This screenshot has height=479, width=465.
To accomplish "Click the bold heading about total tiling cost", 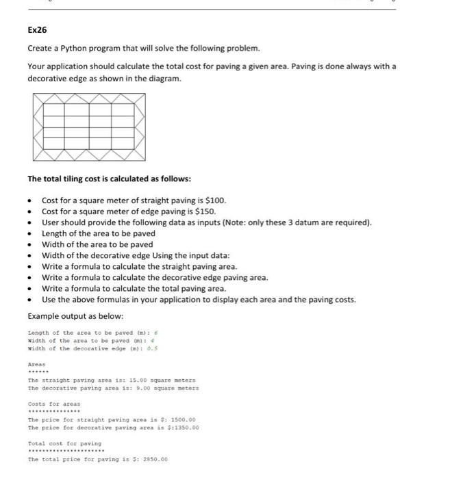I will point(109,179).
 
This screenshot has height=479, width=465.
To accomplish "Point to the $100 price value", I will point(214,200).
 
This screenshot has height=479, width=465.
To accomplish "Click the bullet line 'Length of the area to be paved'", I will point(99,233).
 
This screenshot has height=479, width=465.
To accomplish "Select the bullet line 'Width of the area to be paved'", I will point(97,244).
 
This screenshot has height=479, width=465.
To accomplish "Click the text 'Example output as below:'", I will point(75,316).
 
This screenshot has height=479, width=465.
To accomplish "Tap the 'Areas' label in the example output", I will point(36,365).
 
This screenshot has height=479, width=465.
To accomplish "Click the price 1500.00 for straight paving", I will point(182,419).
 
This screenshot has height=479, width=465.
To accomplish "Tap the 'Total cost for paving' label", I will point(64,443).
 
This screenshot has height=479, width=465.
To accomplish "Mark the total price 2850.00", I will point(154,460).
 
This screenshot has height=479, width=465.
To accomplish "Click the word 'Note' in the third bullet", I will point(264,222).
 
